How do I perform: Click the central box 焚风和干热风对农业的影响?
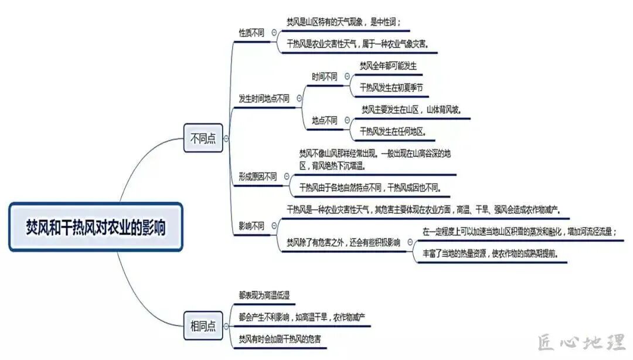pyautogui.click(x=96, y=227)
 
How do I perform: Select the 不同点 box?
pyautogui.click(x=203, y=138)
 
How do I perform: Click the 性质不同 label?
pyautogui.click(x=251, y=33)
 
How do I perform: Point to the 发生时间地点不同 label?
pyautogui.click(x=264, y=99)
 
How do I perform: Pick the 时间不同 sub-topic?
pyautogui.click(x=325, y=76)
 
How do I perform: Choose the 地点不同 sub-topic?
pyautogui.click(x=325, y=120)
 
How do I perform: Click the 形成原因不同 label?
pyautogui.click(x=258, y=176)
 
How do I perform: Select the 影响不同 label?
pyautogui.click(x=251, y=225)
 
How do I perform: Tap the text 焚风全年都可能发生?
pyautogui.click(x=388, y=66)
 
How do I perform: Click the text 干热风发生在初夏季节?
pyautogui.click(x=391, y=88)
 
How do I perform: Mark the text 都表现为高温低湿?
pyautogui.click(x=264, y=296)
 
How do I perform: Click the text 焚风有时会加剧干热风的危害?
pyautogui.click(x=280, y=339)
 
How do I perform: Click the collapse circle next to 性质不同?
pyautogui.click(x=275, y=33)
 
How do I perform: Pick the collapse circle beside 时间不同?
pyautogui.click(x=347, y=76)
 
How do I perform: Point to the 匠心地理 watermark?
pyautogui.click(x=581, y=342)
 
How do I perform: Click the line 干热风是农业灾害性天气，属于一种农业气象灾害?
pyautogui.click(x=357, y=44)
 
